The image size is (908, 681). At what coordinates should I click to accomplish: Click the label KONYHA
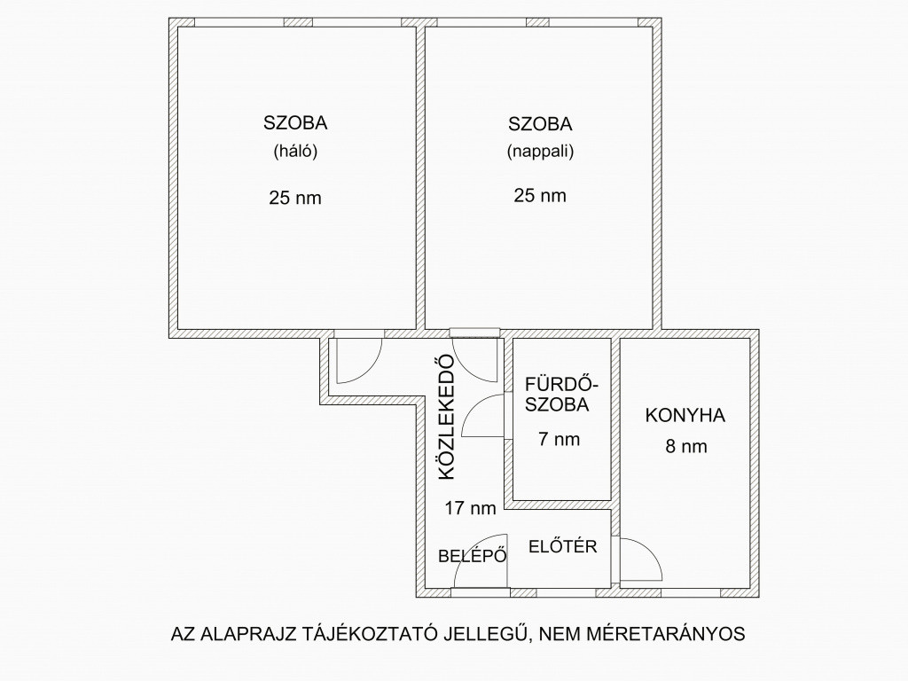click(685, 415)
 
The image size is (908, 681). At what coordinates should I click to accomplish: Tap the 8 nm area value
click(686, 447)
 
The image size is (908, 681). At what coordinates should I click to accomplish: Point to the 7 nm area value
click(559, 439)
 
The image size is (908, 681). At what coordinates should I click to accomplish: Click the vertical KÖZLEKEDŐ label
click(447, 417)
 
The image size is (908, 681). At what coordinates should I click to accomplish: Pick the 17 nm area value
click(470, 508)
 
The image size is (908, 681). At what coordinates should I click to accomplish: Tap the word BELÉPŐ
click(473, 556)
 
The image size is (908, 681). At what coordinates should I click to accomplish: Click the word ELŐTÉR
click(562, 546)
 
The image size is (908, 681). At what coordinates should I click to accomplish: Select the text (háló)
click(295, 151)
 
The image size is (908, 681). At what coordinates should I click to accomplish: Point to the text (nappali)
click(540, 152)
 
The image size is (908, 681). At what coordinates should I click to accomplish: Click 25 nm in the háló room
click(294, 198)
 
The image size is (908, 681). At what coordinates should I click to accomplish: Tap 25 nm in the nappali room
click(540, 195)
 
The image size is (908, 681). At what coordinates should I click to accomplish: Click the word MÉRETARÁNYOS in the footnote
click(666, 633)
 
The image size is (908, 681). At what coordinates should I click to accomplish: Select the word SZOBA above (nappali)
click(540, 124)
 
